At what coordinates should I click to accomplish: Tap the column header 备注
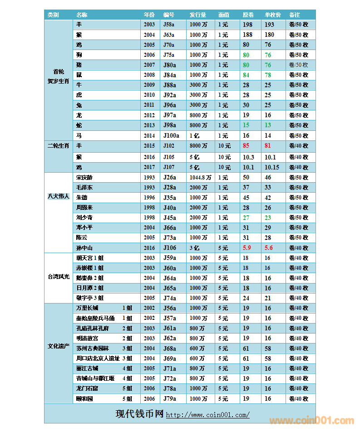294,15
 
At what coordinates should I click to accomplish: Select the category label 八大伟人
59,197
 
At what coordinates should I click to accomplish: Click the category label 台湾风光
59,277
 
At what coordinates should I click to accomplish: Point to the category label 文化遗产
59,346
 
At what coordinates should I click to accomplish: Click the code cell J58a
169,25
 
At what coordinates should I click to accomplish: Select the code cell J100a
171,135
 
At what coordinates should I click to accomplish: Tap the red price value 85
246,146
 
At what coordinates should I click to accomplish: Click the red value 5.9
247,248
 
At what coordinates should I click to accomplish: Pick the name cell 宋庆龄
84,178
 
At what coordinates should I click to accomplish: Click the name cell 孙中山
84,248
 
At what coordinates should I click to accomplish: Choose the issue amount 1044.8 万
200,178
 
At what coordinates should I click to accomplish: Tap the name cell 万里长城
88,308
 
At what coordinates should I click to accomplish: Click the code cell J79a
169,398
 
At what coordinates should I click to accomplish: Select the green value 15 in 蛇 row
246,125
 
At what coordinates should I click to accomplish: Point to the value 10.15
272,167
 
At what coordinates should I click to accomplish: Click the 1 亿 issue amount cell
194,135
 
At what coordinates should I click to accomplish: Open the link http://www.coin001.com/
207,415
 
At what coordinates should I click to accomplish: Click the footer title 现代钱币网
139,414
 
